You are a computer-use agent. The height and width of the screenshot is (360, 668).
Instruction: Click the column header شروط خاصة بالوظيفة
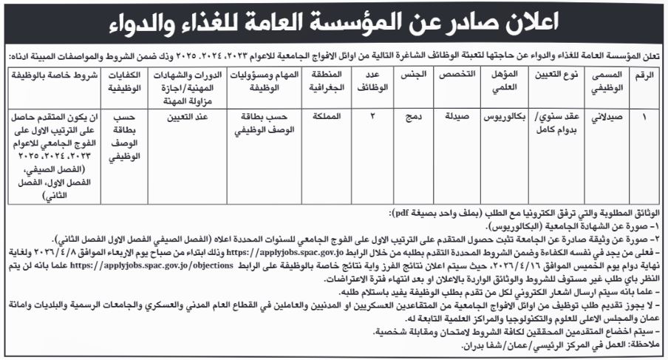coord(53,76)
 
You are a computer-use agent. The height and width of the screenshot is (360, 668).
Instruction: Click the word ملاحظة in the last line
coord(644,345)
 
